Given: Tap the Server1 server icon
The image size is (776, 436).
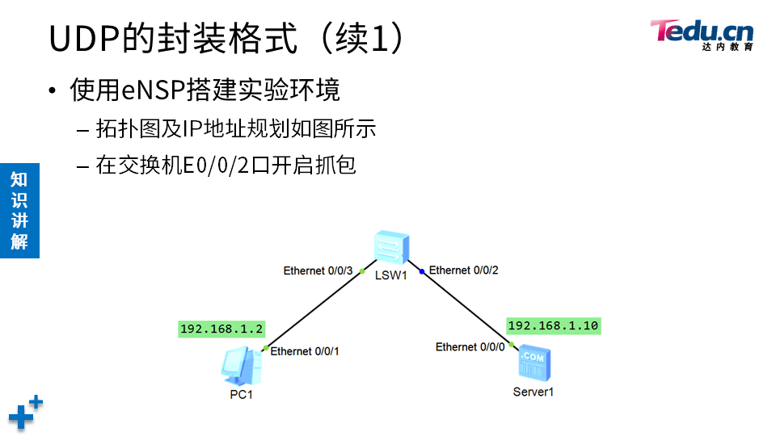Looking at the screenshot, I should click(x=533, y=364).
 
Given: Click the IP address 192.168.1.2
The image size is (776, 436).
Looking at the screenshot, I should click(x=222, y=329).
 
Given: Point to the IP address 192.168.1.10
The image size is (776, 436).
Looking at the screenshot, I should click(x=553, y=325).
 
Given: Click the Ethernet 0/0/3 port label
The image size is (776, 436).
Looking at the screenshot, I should click(x=318, y=270).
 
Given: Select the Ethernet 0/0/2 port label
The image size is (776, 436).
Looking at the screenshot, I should click(x=464, y=270).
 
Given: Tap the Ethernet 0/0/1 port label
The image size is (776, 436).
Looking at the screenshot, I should click(x=305, y=351).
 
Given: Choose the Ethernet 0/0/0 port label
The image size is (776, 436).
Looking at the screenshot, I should click(x=470, y=346).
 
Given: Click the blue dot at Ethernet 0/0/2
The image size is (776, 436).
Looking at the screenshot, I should click(x=422, y=271).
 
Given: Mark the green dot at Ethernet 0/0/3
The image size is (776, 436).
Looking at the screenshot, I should click(x=362, y=271).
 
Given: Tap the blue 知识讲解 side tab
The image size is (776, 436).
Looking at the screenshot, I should click(x=19, y=210).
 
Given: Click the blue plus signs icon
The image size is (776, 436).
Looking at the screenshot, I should click(x=25, y=412).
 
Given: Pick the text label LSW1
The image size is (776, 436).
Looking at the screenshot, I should click(x=390, y=275).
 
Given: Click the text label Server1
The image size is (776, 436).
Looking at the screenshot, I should click(x=533, y=392).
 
